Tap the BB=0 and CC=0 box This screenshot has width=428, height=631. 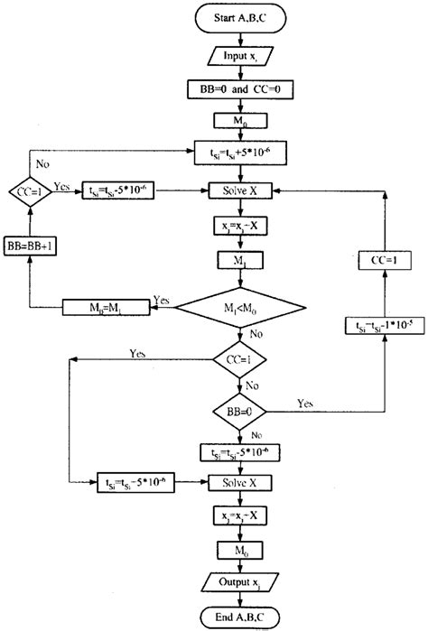pyautogui.click(x=238, y=91)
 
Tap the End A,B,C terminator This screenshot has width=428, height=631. pyautogui.click(x=238, y=616)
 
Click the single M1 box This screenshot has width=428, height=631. pyautogui.click(x=238, y=262)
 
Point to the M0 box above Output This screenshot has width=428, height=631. pyautogui.click(x=238, y=548)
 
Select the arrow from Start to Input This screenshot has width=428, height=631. pyautogui.click(x=238, y=40)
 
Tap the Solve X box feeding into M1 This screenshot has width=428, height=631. pyautogui.click(x=238, y=191)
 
